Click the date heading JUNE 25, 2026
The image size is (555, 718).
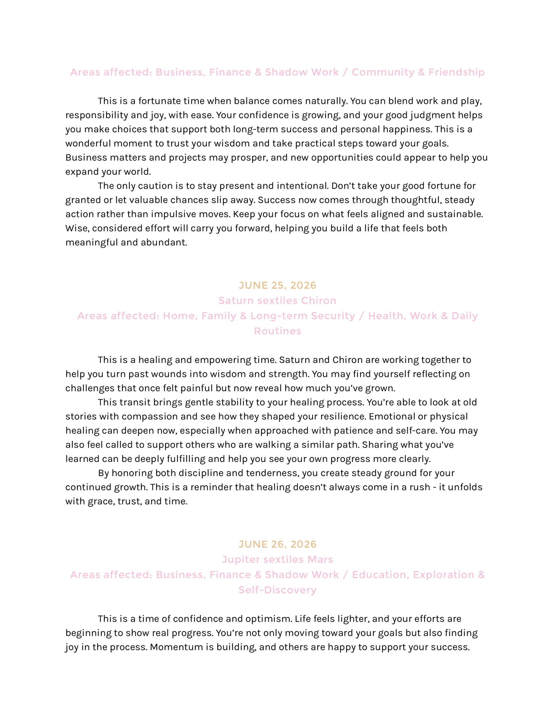277,285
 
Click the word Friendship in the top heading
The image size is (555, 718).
456,72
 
